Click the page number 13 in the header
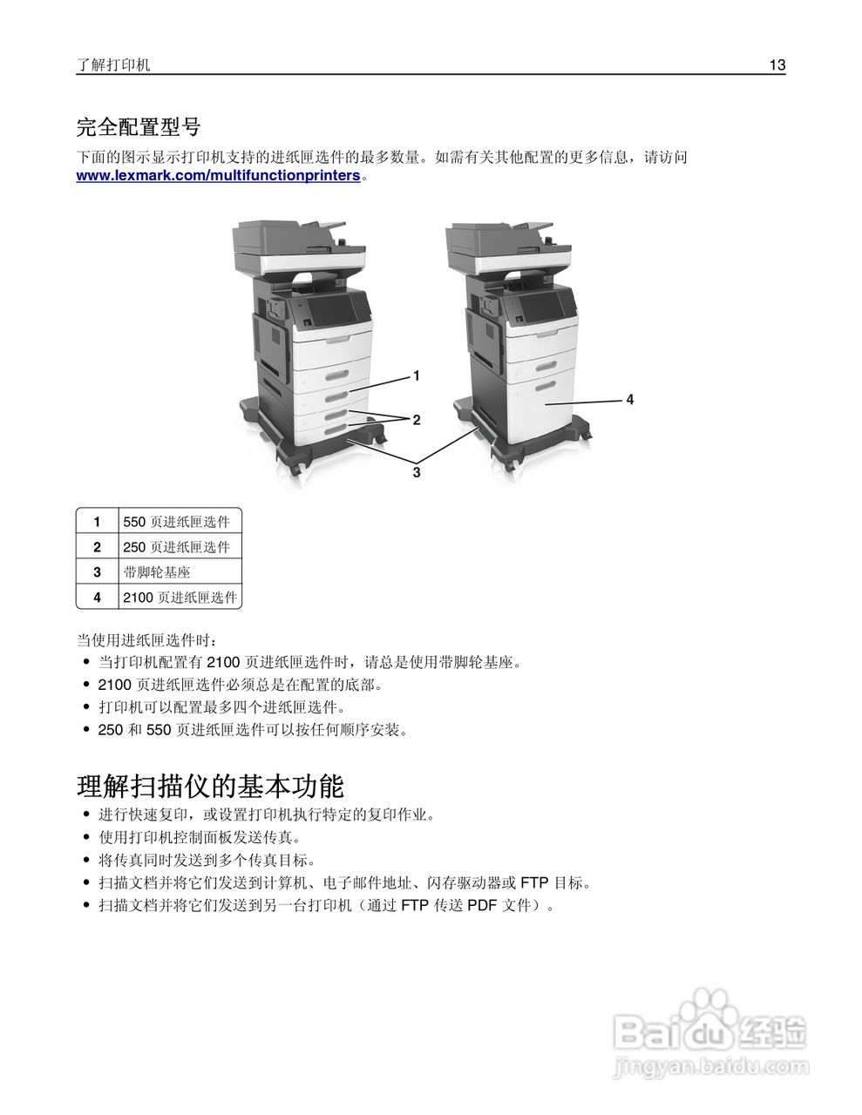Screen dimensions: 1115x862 pos(777,65)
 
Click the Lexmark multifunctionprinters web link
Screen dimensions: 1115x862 pos(218,176)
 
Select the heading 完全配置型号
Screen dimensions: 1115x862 pos(139,127)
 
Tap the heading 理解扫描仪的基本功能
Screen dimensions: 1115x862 pos(210,787)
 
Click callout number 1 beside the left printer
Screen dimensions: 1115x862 pos(417,375)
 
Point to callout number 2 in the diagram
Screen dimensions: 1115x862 pos(417,420)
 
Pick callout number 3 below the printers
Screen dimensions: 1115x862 pos(417,472)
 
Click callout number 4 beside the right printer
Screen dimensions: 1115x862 pos(629,399)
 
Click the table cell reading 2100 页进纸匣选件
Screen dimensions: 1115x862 pos(180,598)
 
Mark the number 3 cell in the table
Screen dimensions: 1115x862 pos(98,572)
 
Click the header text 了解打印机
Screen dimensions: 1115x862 pos(113,65)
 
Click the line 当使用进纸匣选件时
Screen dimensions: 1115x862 pos(146,640)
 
